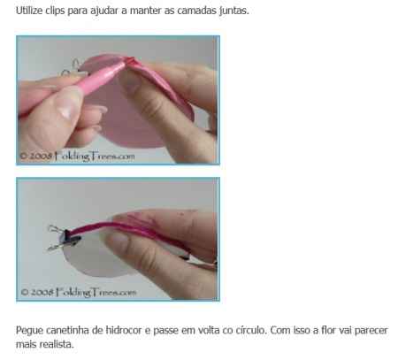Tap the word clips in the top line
(55, 11)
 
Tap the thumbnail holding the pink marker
(68, 103)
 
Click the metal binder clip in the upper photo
(73, 68)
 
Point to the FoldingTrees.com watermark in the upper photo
(77, 156)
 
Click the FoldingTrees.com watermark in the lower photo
(79, 292)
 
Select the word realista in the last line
(57, 344)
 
